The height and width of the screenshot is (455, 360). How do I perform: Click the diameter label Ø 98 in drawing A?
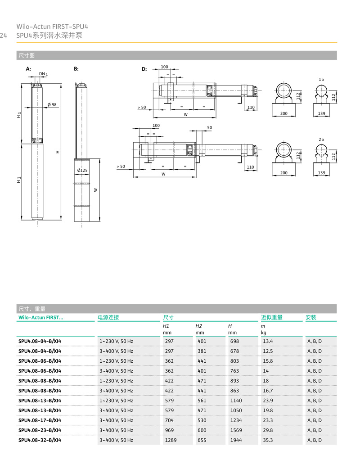(x=52, y=105)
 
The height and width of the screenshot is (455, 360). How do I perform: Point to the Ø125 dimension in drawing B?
(x=82, y=171)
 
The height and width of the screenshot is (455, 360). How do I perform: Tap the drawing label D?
(x=144, y=69)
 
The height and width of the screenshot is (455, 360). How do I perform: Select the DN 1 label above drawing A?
(x=43, y=73)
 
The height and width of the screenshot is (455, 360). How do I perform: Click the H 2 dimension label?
(x=19, y=180)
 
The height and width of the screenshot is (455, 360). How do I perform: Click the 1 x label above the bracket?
(x=321, y=79)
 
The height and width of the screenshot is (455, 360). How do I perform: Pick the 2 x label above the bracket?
(x=321, y=140)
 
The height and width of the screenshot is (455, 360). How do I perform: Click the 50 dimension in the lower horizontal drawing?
(x=210, y=128)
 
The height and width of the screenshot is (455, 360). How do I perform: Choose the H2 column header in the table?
(x=198, y=326)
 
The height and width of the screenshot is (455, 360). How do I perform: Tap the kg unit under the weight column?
(x=264, y=333)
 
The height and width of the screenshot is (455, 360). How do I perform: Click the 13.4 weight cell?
(x=268, y=341)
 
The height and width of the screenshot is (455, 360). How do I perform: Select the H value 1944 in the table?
(x=236, y=440)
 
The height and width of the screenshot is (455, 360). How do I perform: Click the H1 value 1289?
(x=171, y=440)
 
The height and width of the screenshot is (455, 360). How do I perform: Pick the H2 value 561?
(x=202, y=401)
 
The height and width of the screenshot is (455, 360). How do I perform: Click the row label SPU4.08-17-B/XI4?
(x=40, y=420)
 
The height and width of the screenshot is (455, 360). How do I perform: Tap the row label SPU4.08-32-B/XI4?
(x=40, y=440)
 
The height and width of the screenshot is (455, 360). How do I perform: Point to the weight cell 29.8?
(x=268, y=430)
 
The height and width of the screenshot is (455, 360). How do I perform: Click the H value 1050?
(x=236, y=410)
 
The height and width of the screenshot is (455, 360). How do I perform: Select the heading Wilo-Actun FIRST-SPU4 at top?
(x=52, y=27)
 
